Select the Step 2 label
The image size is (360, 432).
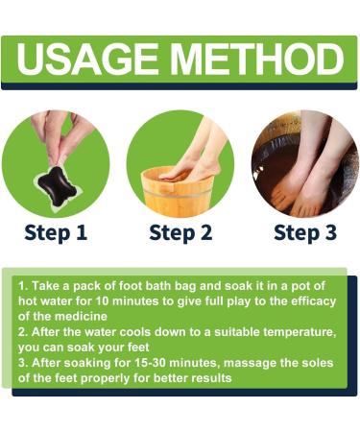coord(180,232)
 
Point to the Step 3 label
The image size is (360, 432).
coord(305,232)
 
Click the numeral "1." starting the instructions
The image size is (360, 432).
coord(21,286)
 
